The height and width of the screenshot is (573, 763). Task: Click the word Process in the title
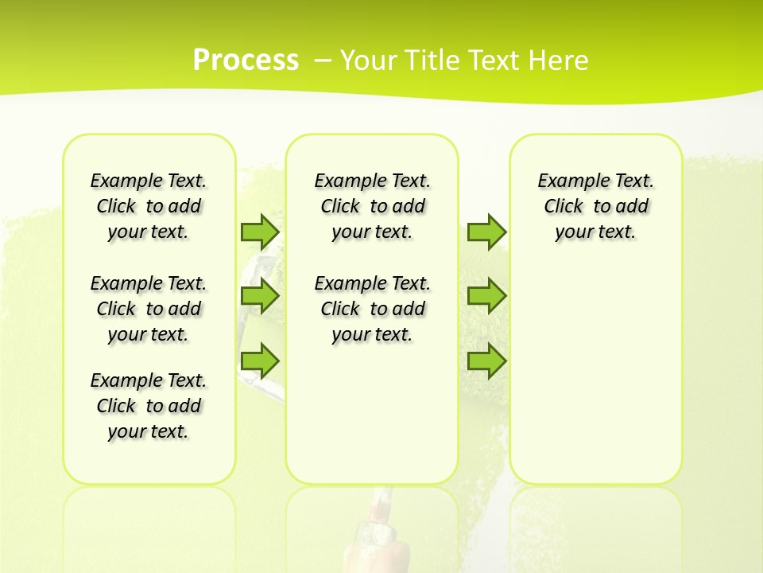tap(246, 60)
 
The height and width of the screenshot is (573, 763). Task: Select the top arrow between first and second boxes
tap(260, 232)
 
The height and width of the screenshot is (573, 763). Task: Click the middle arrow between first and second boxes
tap(260, 296)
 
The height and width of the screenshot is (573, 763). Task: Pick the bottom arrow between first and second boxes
tap(260, 361)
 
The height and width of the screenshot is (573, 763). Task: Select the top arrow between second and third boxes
tap(486, 232)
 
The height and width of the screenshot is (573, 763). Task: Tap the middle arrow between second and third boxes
tap(486, 296)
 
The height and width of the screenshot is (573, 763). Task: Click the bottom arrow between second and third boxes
tap(486, 361)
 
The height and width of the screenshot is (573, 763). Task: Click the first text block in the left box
tap(149, 206)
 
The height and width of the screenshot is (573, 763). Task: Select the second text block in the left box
tap(149, 309)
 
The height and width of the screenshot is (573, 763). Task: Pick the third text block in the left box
tap(149, 406)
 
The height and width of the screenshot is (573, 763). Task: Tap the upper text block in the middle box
tap(372, 206)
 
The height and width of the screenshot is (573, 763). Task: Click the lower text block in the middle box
tap(372, 309)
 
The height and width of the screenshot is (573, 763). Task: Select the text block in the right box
tap(595, 206)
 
